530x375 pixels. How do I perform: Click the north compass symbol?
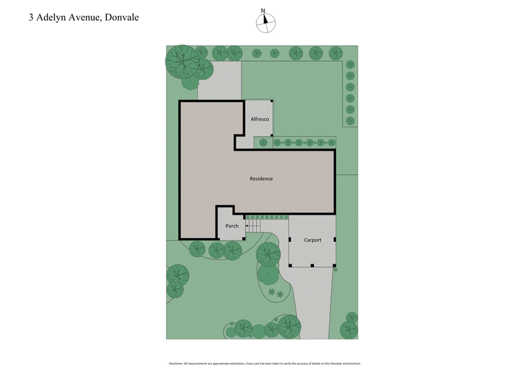pyautogui.click(x=264, y=23)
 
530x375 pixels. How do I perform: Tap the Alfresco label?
pyautogui.click(x=259, y=119)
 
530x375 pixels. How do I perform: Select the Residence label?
pyautogui.click(x=261, y=179)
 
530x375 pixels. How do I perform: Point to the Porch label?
pyautogui.click(x=232, y=226)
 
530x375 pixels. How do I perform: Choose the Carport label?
pyautogui.click(x=312, y=240)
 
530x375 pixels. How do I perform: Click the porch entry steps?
pyautogui.click(x=253, y=225)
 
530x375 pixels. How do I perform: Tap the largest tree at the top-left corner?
pyautogui.click(x=182, y=61)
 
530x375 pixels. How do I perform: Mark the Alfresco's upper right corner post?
pyautogui.click(x=271, y=101)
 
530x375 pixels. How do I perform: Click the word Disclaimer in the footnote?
pyautogui.click(x=176, y=364)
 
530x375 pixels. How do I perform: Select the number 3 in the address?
pyautogui.click(x=30, y=18)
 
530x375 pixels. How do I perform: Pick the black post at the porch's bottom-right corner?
pyautogui.click(x=244, y=239)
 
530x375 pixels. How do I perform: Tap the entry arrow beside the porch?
pyautogui.click(x=247, y=226)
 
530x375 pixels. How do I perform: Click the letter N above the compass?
pyautogui.click(x=264, y=11)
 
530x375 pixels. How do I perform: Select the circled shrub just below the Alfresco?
pyautogui.click(x=263, y=142)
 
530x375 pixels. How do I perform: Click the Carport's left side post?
pyautogui.click(x=290, y=240)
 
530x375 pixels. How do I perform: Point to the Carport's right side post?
pyautogui.click(x=335, y=240)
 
